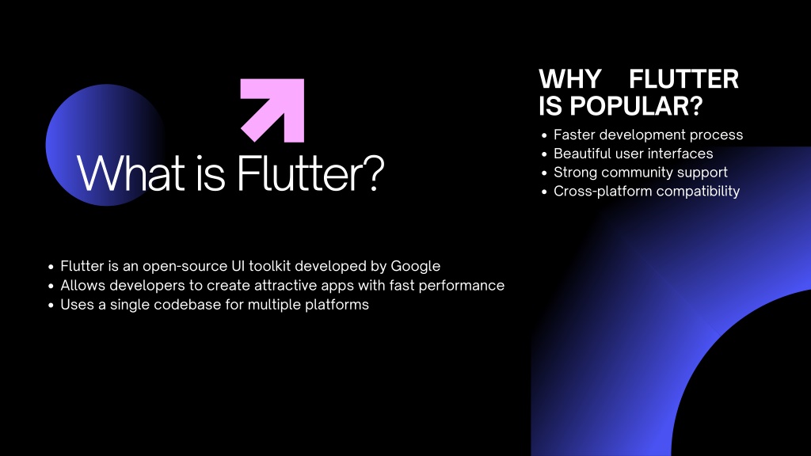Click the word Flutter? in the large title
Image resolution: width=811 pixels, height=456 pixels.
tap(310, 173)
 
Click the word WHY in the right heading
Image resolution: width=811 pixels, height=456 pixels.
tap(570, 79)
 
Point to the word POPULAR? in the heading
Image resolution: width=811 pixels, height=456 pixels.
tap(636, 106)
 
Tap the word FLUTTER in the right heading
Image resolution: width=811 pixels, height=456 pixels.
tap(683, 79)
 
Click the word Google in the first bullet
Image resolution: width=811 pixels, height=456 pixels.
tap(415, 266)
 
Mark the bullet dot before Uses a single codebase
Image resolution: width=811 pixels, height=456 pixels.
tap(51, 305)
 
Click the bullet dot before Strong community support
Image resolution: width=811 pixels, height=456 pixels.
tap(544, 173)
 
